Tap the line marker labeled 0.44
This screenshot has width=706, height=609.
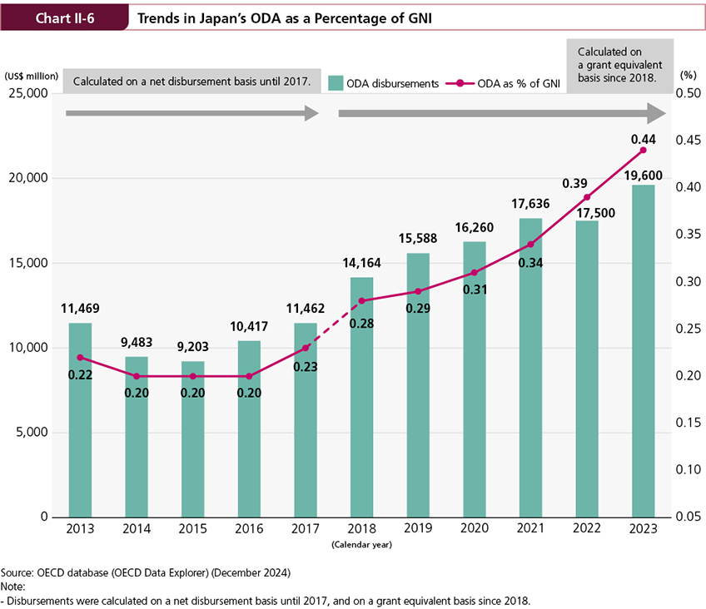[643, 150]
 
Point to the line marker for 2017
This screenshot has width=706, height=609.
[306, 348]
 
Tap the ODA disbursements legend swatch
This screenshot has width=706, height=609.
[336, 82]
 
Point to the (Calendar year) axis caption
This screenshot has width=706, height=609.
[361, 545]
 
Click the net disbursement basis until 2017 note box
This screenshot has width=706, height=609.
[191, 82]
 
